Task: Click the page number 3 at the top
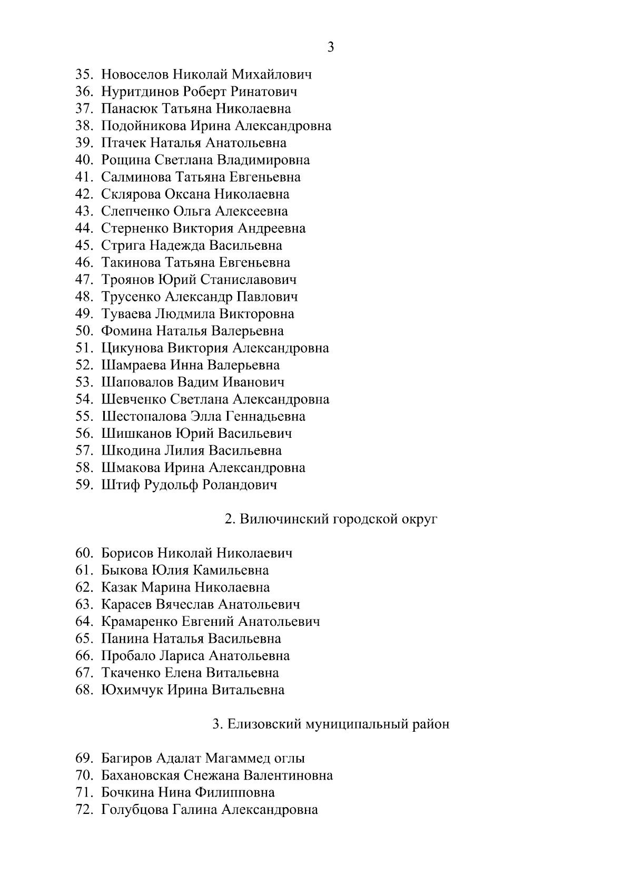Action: coord(331,47)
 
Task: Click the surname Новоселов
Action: coord(135,74)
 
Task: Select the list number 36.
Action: coord(84,92)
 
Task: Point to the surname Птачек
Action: coord(124,143)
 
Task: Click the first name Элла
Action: coord(206,417)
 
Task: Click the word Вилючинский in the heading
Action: coord(284,519)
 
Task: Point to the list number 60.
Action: coord(84,553)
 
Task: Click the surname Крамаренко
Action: coord(139,622)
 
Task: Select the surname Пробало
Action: coord(128,656)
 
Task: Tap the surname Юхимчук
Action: coord(132,690)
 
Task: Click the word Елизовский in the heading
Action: coord(264,724)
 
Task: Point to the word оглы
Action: coord(290,759)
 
